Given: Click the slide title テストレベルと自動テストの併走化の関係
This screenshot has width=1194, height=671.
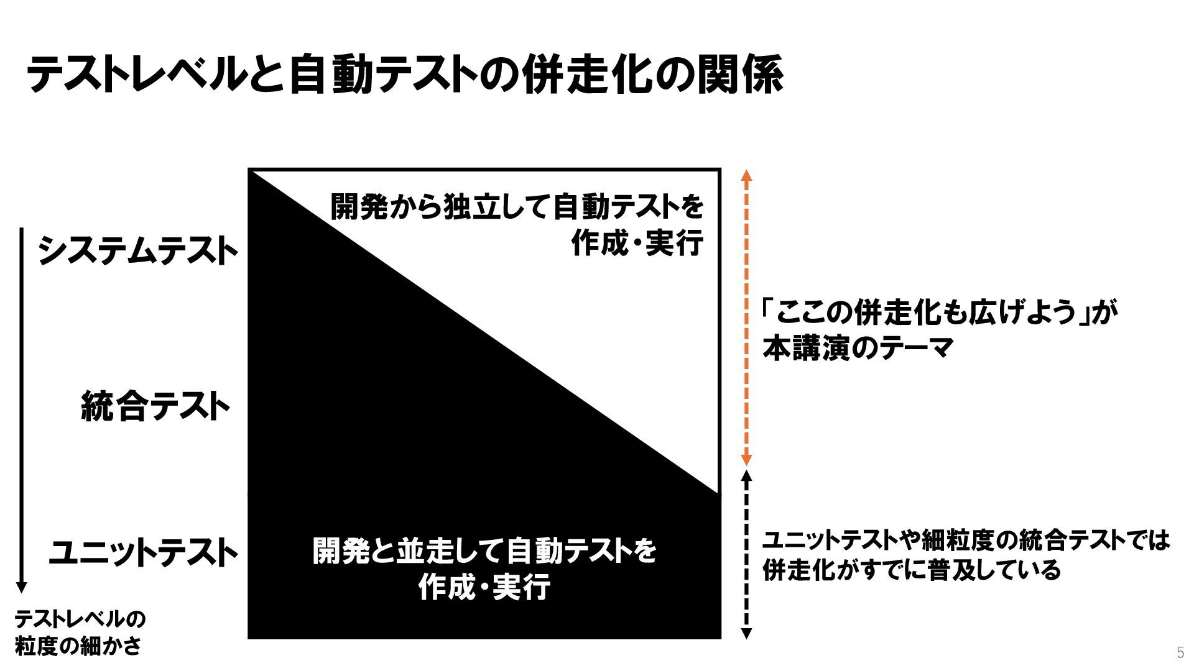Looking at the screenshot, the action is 404,75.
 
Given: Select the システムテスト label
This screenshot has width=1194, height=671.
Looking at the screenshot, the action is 138,251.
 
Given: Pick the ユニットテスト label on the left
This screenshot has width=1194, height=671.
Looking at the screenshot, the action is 143,552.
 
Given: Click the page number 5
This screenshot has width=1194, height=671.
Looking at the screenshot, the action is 1180,652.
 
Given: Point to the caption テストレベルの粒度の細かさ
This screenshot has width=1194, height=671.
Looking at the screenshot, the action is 80,632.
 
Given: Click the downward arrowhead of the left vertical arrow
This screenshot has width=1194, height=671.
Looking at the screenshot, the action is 22,587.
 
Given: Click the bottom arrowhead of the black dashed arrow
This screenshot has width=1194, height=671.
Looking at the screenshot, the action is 747,634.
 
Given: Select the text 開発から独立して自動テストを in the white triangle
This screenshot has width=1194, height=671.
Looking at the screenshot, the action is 516,207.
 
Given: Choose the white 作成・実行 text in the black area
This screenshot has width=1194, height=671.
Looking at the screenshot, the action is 484,587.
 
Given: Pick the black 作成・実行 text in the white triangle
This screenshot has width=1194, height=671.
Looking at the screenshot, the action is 637,243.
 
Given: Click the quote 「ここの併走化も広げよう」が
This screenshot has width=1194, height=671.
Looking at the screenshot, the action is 939,313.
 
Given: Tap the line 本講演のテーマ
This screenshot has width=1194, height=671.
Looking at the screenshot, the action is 858,348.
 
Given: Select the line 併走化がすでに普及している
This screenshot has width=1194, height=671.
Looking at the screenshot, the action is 911,570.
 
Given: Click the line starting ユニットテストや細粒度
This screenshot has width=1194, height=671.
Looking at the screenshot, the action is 966,540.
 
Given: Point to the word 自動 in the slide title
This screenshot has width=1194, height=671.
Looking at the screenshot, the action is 329,75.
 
